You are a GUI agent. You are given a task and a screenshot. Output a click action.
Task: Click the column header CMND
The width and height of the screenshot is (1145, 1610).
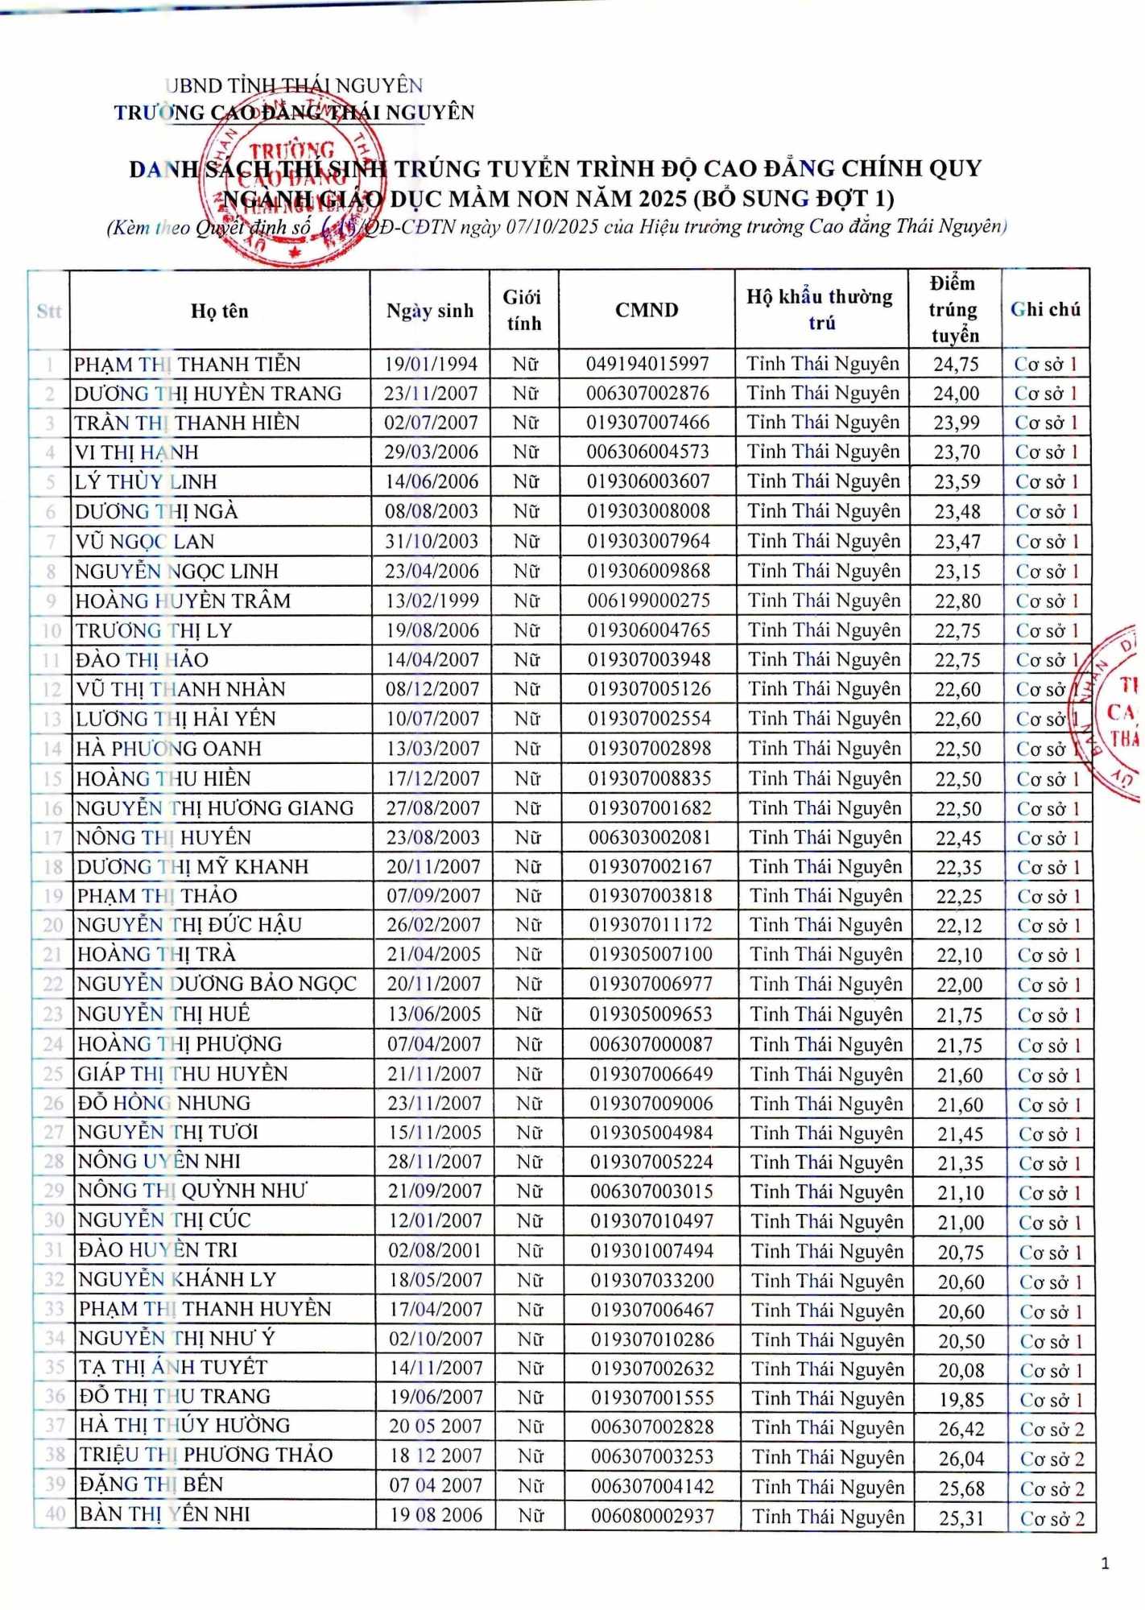click(647, 310)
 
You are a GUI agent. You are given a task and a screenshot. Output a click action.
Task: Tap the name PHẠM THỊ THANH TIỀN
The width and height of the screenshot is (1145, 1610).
click(187, 365)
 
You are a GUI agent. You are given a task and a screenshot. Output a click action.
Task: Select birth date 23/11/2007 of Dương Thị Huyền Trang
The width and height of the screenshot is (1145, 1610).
click(431, 394)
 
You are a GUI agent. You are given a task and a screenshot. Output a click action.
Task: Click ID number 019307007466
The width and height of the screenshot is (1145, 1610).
click(647, 423)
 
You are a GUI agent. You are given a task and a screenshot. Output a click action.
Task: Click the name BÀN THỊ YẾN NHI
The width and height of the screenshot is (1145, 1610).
click(164, 1514)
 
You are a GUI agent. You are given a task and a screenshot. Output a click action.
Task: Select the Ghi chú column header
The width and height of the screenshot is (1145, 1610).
click(1045, 310)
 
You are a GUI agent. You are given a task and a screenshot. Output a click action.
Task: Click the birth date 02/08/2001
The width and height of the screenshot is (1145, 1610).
click(435, 1250)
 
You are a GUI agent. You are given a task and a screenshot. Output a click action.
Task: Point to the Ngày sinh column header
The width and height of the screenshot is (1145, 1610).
click(430, 311)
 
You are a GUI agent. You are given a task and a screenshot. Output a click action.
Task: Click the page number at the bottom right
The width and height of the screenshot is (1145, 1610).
click(1105, 1563)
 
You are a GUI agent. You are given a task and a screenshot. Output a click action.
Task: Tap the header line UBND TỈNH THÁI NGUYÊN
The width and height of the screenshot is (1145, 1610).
click(295, 85)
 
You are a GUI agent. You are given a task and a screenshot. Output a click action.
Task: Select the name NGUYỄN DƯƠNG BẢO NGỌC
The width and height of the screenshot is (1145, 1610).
click(217, 985)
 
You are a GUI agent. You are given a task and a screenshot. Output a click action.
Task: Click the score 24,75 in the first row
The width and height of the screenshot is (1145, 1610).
click(956, 365)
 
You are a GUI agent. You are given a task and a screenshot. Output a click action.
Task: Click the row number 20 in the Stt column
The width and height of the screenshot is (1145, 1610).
click(53, 925)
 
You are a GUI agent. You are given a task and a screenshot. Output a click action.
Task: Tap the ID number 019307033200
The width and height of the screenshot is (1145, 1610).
click(652, 1280)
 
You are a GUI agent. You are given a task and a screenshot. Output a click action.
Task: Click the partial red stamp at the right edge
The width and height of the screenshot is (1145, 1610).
click(1116, 712)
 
